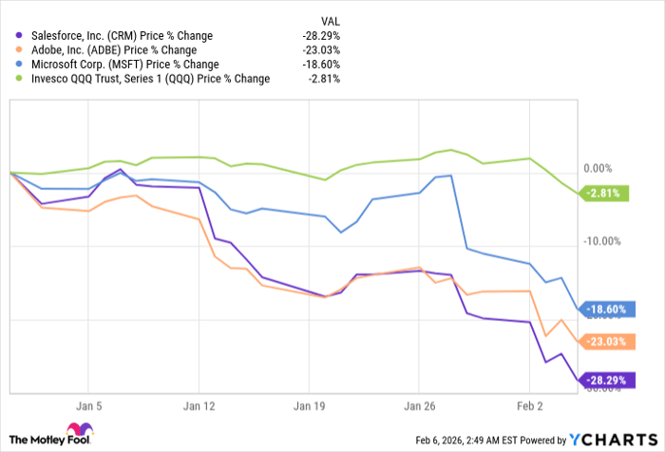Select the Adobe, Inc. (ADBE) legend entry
[x=113, y=50]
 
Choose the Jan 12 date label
[x=199, y=404]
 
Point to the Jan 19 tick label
[x=309, y=404]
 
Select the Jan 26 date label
[x=419, y=404]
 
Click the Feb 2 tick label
[x=529, y=404]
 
